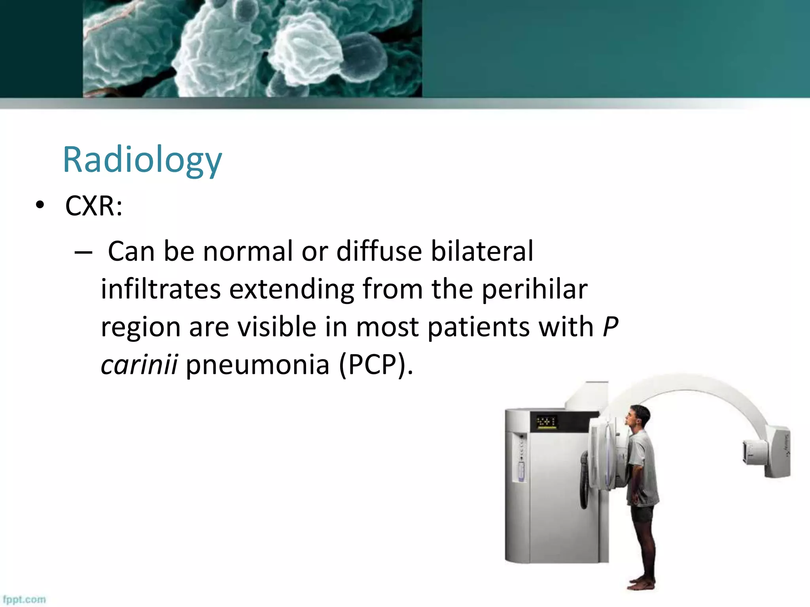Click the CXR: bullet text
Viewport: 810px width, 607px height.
coord(94,206)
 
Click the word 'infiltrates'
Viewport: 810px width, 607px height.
coord(160,289)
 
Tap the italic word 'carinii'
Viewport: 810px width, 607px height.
coord(139,364)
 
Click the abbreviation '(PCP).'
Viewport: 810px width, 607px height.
coord(376,364)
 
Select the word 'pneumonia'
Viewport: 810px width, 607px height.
coord(257,364)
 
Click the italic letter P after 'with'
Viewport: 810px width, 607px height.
coord(610,327)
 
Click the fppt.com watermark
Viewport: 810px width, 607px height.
coord(24,599)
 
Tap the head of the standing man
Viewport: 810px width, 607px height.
coord(638,418)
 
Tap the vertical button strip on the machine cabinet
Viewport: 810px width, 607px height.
coord(521,458)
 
